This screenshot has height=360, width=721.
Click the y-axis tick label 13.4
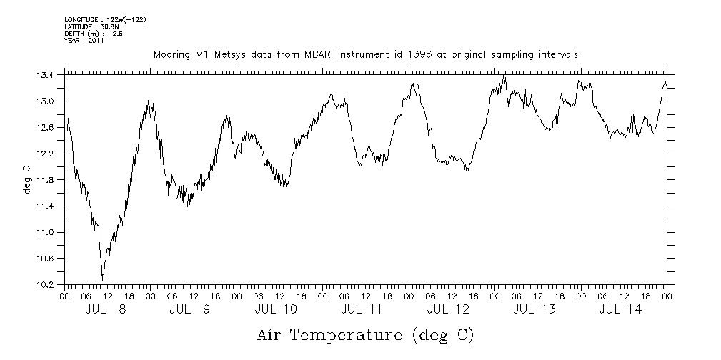46,74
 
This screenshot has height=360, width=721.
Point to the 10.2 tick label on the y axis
46,284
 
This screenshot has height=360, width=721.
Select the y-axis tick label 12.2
46,154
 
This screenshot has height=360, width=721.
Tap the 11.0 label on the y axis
46,232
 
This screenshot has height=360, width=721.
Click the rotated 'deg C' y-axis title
26,179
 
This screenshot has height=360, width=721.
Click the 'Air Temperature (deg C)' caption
365,334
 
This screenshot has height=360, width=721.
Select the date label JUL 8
106,309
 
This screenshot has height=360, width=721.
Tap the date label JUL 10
276,309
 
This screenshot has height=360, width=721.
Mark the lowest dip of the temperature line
102,279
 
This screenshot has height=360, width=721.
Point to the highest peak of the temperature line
504,76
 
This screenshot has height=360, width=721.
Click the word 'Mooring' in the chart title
171,54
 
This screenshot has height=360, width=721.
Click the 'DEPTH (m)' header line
91,34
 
